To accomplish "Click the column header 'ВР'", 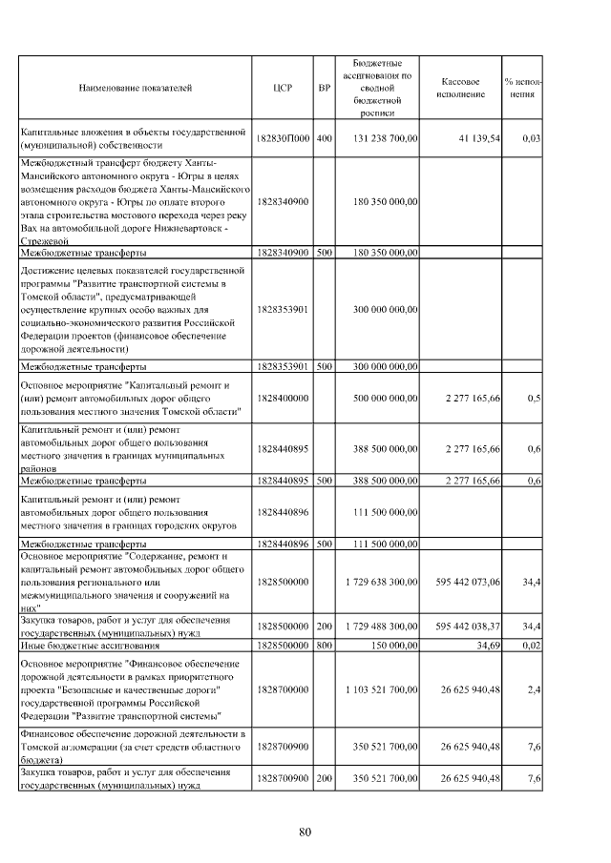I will point(324,88).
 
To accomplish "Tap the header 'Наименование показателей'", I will point(135,88).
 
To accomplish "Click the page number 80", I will point(305,832).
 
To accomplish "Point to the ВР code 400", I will point(324,139).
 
